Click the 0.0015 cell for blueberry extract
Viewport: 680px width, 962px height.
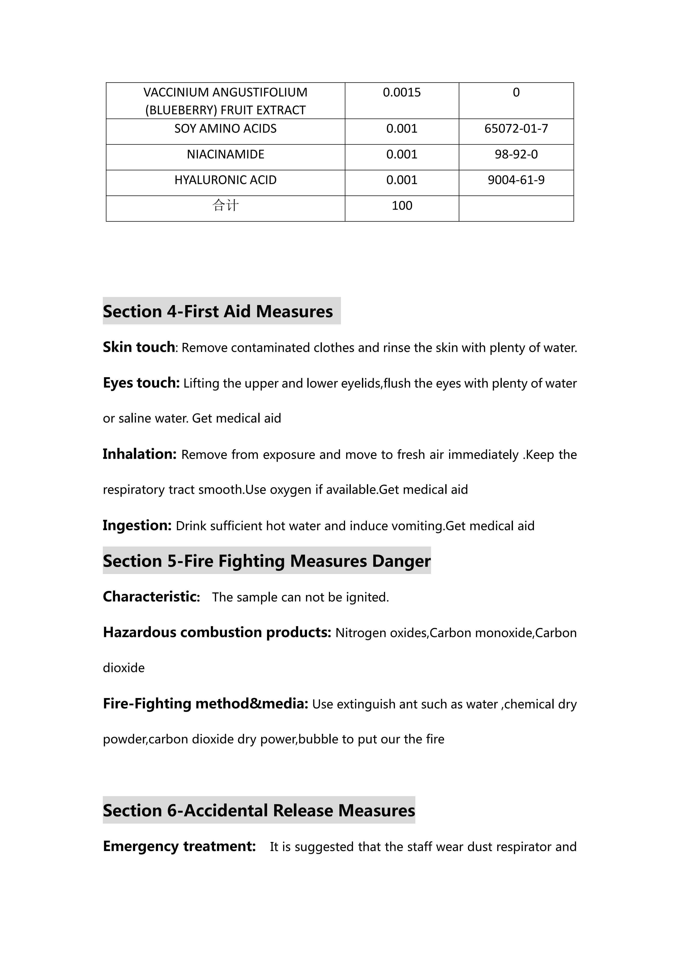[402, 93]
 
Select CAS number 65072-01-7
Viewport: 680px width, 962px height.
[516, 129]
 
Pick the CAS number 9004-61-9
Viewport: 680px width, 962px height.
[516, 180]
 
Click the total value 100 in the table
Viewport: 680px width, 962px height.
[402, 206]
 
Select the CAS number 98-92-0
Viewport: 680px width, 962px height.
[516, 155]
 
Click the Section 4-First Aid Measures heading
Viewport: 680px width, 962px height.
[218, 311]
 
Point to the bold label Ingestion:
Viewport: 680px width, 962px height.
[137, 525]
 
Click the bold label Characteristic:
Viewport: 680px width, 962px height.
[151, 597]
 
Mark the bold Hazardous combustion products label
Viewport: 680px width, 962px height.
[217, 632]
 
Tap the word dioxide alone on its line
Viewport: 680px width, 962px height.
[124, 668]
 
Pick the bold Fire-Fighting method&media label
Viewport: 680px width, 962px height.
[205, 703]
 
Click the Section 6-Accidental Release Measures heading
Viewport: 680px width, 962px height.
[259, 810]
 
